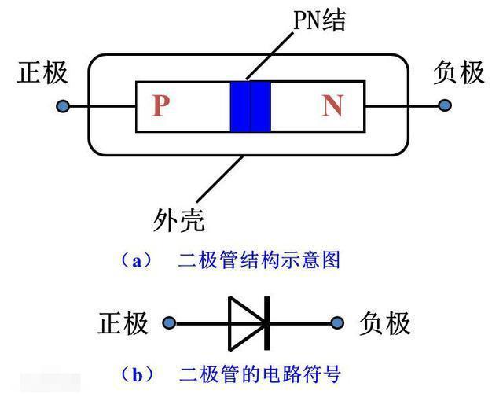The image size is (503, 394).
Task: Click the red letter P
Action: pyautogui.click(x=161, y=105)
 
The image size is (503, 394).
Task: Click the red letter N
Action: pyautogui.click(x=332, y=105)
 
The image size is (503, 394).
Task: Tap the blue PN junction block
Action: pyautogui.click(x=250, y=106)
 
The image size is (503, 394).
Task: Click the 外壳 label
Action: pyautogui.click(x=178, y=220)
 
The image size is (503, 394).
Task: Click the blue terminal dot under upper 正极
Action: pyautogui.click(x=64, y=105)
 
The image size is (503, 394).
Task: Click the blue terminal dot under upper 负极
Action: pyautogui.click(x=445, y=105)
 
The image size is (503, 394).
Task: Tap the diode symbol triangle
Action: pyautogui.click(x=244, y=322)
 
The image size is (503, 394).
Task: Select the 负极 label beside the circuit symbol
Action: pyautogui.click(x=385, y=322)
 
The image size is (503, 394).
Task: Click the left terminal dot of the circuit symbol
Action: pyautogui.click(x=168, y=322)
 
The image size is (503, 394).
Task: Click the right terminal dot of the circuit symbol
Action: pyautogui.click(x=339, y=322)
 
